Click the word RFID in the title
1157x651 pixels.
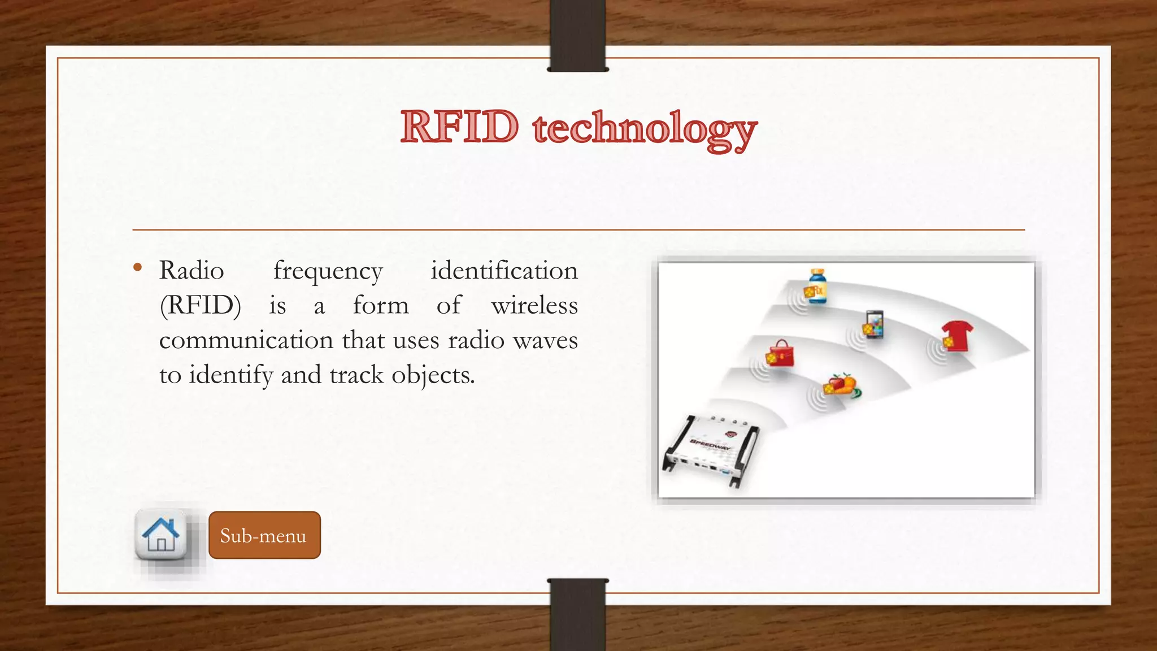pos(459,127)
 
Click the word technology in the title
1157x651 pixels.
pos(644,129)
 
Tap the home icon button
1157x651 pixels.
pos(161,535)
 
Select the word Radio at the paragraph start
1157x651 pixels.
pos(192,271)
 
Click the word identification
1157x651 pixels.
pos(504,271)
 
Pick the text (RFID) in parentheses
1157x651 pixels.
pos(201,306)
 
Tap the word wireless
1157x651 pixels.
pos(534,306)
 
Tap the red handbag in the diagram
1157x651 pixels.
pos(780,354)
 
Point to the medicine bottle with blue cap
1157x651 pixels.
pos(816,287)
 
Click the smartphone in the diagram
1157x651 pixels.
pos(873,324)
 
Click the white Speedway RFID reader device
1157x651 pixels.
pos(711,449)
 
